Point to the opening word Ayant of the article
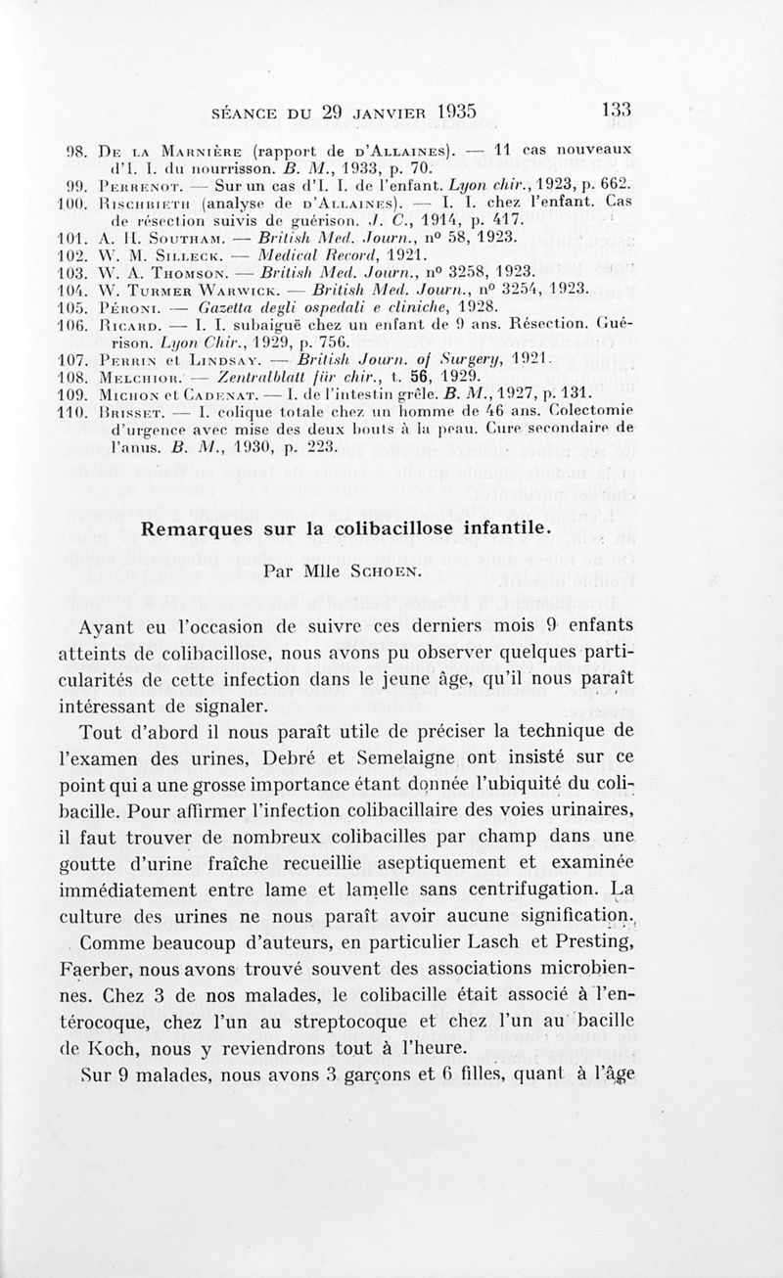[x=135, y=624]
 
